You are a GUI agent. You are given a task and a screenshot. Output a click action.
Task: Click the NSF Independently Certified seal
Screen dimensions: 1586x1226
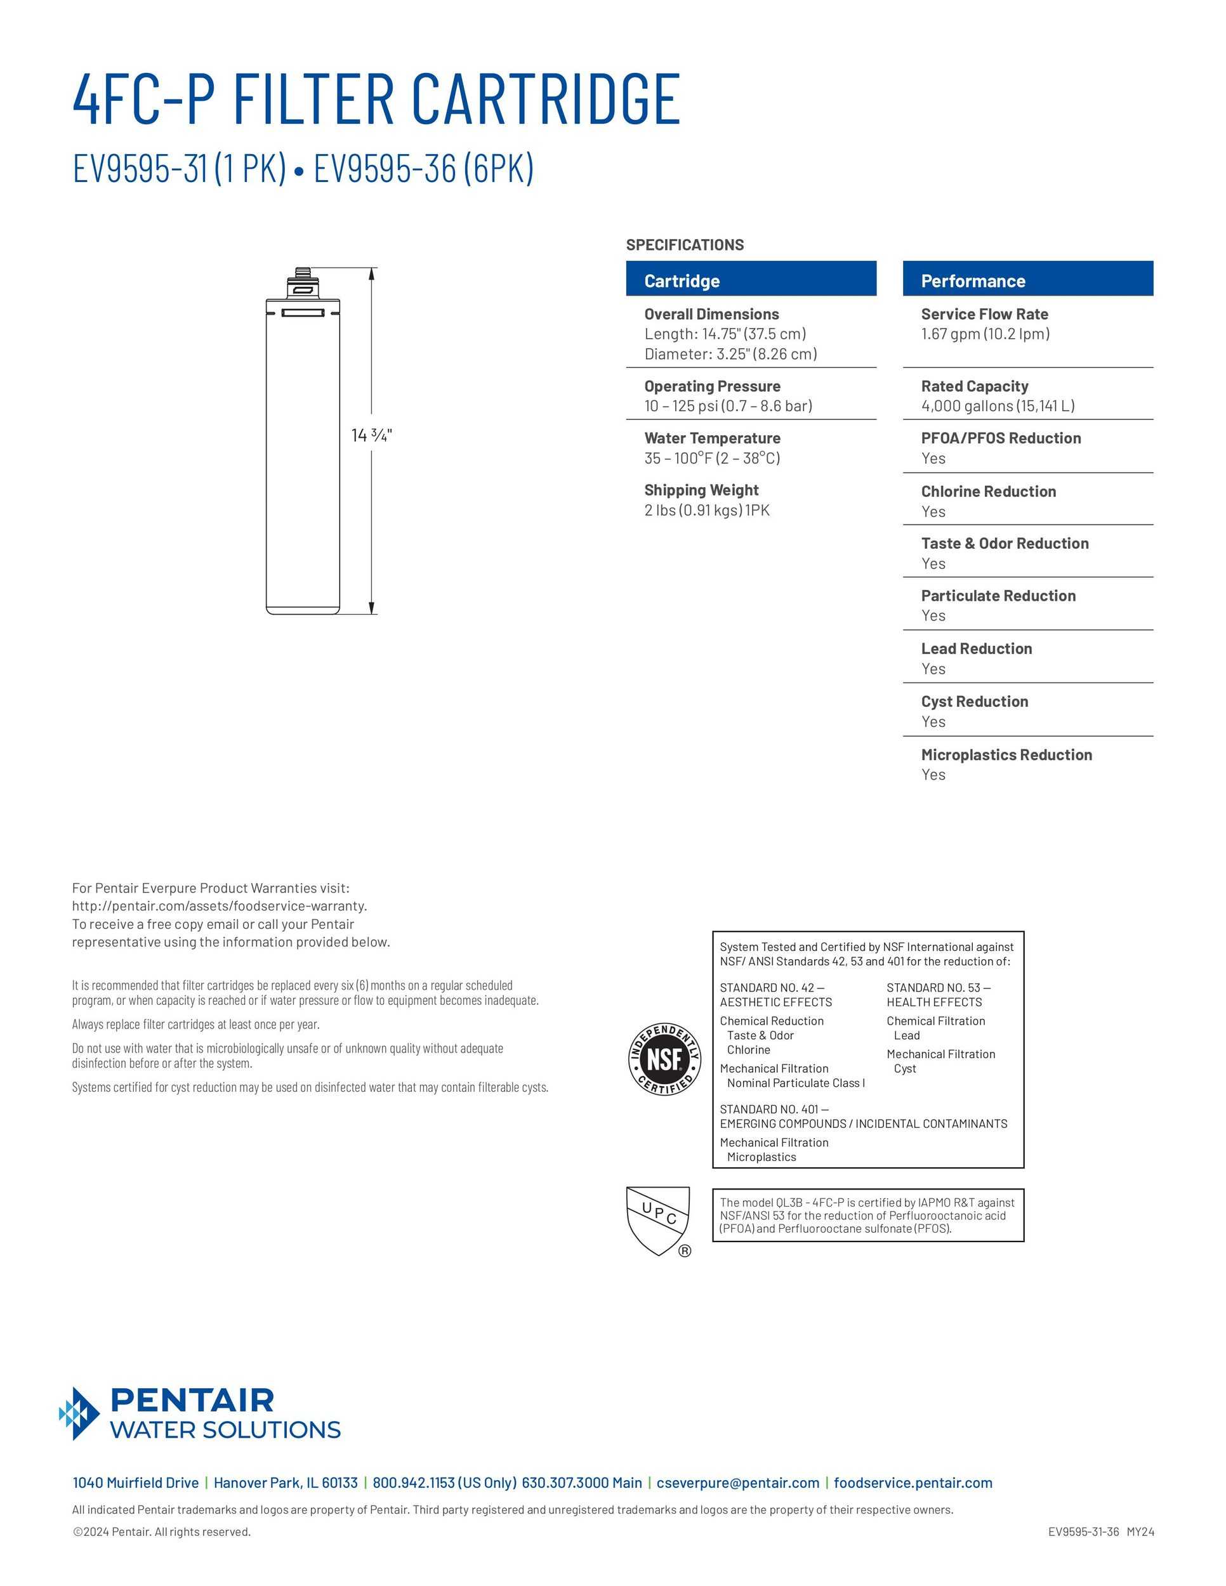664,1059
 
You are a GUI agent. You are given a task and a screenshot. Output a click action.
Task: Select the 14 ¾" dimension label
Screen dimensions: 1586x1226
371,435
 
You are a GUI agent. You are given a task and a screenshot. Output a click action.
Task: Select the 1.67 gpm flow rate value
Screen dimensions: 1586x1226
985,334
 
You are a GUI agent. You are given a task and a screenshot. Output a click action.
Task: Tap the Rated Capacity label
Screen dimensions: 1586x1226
974,386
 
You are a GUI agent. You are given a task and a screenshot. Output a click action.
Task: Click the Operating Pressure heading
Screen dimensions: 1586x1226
712,386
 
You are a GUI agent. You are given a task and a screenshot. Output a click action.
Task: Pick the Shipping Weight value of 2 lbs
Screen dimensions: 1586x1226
706,511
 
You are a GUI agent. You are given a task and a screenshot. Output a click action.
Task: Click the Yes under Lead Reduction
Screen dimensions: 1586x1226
933,669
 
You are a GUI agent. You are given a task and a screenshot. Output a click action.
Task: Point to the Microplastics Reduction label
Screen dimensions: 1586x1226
1006,755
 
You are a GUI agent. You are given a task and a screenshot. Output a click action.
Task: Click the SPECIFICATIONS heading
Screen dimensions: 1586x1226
684,245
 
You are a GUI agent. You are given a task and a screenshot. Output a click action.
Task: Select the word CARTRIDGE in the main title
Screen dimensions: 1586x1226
546,100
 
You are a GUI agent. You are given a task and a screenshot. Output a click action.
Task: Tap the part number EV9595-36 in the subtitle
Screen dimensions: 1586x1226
386,169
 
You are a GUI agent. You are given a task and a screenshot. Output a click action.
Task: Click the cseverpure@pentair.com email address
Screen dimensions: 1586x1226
737,1483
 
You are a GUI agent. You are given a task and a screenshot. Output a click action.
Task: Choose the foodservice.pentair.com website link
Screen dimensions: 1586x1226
913,1483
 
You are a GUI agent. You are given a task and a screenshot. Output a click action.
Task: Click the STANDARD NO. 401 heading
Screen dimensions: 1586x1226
773,1109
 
